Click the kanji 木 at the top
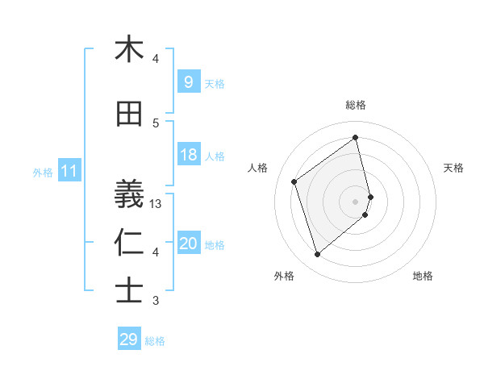click(128, 49)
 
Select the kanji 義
click(128, 191)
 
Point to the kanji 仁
click(128, 243)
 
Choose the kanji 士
click(128, 290)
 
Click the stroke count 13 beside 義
click(156, 204)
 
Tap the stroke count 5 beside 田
click(156, 123)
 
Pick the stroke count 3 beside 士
click(156, 301)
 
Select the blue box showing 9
click(188, 81)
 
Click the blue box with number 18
click(188, 155)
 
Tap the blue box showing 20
click(188, 244)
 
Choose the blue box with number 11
click(69, 171)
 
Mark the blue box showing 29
click(128, 339)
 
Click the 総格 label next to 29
click(155, 341)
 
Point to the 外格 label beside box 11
click(43, 172)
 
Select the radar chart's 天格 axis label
click(453, 168)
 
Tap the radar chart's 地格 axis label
click(423, 276)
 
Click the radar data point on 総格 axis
click(356, 137)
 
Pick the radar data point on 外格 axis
click(317, 255)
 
